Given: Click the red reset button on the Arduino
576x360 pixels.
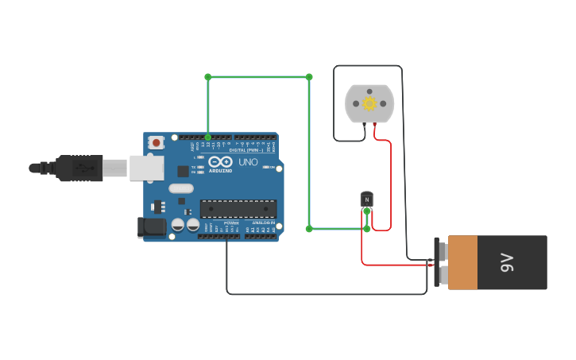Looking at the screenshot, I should pos(157,143).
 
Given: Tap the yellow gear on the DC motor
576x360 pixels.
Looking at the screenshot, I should pos(369,103).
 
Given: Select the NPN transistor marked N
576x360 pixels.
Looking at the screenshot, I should pos(366,199).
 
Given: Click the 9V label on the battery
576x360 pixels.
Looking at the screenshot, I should pos(506,262).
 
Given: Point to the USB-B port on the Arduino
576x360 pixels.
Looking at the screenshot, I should pos(147,168).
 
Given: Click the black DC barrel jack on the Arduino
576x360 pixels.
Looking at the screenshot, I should pos(152,228).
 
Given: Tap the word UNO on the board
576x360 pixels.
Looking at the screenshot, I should pos(249,161).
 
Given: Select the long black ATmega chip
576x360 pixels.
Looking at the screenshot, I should pos(238,209).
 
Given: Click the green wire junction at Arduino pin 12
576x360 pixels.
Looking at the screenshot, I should pos(208,137).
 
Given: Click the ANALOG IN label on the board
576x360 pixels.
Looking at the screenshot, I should pos(262,223).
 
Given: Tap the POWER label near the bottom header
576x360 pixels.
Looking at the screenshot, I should pos(230,223).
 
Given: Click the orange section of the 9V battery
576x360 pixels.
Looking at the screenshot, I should pos(463,262).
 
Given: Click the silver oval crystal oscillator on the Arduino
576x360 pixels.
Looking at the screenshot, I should pos(180,188).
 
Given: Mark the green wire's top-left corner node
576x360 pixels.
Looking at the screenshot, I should pos(208,77).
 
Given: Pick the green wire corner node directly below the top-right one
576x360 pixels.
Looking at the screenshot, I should pos(309,229).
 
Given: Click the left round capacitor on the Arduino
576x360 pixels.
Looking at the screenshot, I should pos(179,226).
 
